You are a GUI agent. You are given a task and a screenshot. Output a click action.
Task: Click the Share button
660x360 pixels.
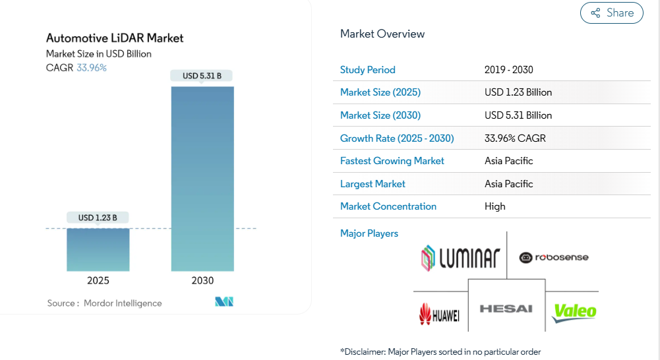click(611, 13)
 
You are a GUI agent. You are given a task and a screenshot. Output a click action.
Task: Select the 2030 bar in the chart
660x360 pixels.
click(202, 178)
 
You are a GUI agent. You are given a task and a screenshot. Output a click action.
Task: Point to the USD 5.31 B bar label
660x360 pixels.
click(202, 76)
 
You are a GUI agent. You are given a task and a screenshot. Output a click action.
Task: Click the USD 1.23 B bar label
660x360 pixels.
click(98, 218)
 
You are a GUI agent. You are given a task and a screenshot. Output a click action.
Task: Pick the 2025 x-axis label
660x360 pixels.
click(98, 280)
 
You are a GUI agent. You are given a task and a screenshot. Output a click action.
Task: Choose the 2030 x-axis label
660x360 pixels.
click(202, 280)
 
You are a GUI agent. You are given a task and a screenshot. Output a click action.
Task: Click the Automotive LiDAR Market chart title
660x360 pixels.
click(115, 38)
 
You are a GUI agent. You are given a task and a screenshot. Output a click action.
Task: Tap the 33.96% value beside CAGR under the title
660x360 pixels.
click(92, 67)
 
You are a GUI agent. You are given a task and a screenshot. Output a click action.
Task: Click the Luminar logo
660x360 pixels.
click(461, 258)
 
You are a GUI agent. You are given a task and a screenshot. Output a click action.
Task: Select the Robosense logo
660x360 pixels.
click(554, 257)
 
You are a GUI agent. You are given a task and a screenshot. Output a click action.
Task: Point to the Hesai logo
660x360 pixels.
click(506, 309)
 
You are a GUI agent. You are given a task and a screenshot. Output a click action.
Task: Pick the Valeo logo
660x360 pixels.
click(574, 312)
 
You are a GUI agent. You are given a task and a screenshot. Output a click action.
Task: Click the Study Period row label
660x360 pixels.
click(368, 70)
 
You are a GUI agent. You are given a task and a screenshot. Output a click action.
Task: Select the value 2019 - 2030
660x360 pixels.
click(508, 70)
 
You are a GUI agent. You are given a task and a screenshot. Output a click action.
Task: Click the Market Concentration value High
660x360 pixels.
click(495, 206)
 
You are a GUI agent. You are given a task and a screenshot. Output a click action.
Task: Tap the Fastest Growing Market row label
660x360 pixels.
click(392, 161)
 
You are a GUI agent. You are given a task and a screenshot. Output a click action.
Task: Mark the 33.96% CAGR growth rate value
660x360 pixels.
click(515, 138)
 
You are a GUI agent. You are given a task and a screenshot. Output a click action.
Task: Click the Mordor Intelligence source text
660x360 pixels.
click(123, 303)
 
